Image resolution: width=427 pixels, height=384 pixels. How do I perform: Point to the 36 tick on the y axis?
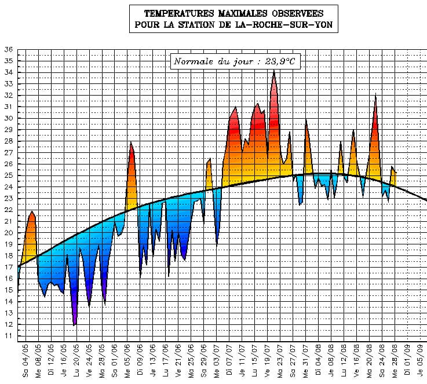coord(9,50)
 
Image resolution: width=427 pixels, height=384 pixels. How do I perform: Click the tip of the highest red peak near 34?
coord(273,71)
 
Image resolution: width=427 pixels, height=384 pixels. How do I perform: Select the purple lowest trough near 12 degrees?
coord(74,324)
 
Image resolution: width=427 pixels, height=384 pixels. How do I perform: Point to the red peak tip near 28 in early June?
coord(131,142)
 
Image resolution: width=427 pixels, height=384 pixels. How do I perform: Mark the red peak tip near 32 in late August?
coord(376,94)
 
